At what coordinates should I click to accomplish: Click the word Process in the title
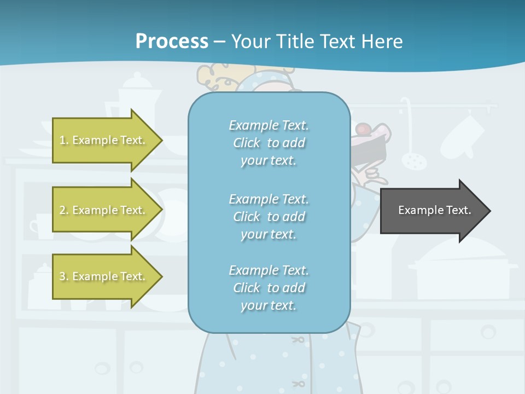click(172, 41)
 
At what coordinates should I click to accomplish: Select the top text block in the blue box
click(269, 143)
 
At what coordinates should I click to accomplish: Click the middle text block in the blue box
click(269, 217)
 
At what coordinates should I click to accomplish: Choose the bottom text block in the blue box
click(269, 288)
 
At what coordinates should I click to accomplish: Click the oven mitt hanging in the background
click(462, 135)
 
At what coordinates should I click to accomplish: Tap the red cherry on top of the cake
click(363, 129)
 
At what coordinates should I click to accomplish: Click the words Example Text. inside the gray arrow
click(435, 210)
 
